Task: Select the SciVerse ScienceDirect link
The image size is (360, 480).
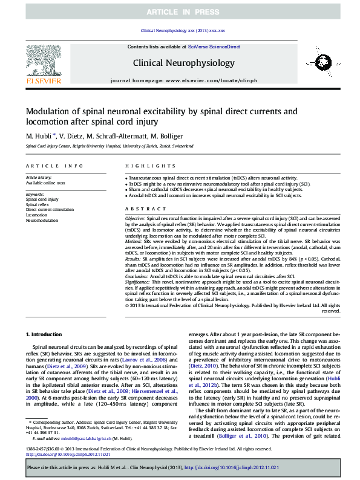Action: pos(214,47)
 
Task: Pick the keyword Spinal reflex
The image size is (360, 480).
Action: pos(37,204)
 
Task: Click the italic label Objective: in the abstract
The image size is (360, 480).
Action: pos(135,217)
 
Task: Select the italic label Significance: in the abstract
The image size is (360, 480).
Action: pos(137,281)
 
